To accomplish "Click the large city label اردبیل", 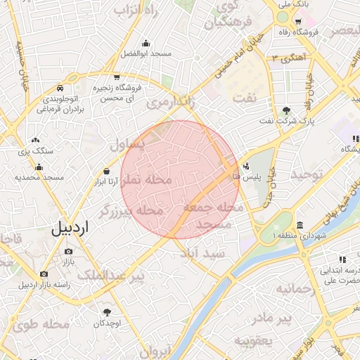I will tap(70, 228).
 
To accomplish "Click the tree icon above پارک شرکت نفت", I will tap(286, 110).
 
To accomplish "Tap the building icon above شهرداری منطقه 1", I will tap(300, 226).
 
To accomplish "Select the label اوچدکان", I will tap(107, 323).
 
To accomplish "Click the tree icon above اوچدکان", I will tap(107, 312).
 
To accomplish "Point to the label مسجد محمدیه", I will tap(39, 178).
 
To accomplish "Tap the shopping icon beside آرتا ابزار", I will tap(106, 171).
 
